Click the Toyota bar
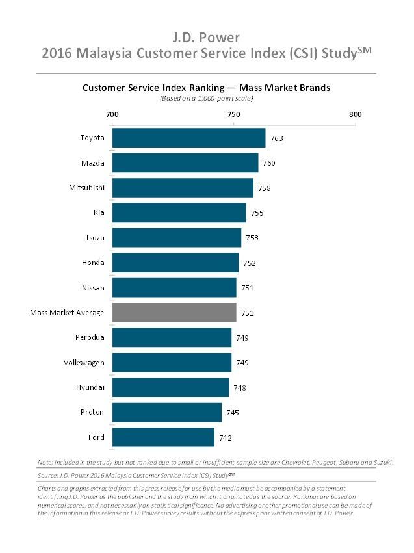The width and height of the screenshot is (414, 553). (188, 138)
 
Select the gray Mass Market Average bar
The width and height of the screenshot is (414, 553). (174, 313)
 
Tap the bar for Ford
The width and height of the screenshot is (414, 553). (163, 437)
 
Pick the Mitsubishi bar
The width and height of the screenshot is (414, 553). (183, 188)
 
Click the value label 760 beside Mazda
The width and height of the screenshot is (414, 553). (269, 163)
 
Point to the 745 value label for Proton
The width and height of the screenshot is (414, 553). (233, 413)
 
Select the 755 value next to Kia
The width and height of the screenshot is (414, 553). (257, 213)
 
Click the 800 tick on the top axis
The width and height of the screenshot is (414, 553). (355, 114)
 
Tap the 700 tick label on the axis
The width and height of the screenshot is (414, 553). (112, 114)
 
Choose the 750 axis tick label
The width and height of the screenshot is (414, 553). (233, 114)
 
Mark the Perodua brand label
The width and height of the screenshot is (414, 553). (90, 338)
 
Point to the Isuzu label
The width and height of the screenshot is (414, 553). (94, 238)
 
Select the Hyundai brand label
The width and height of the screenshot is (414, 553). (90, 387)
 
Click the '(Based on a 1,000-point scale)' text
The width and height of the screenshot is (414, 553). (206, 99)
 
